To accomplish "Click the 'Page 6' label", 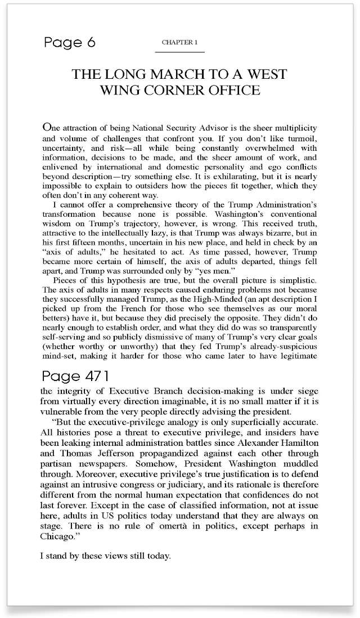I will (x=70, y=43).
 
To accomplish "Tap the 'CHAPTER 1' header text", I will (x=179, y=43).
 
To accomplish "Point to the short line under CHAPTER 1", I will (x=179, y=52).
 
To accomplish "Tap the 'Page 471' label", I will (x=75, y=375).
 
